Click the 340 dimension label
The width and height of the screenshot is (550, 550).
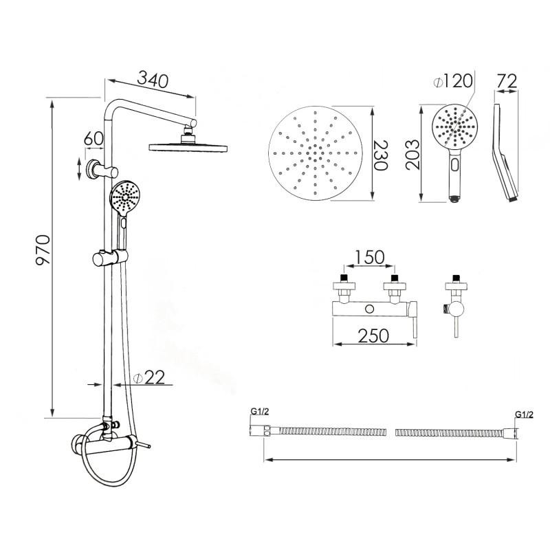coord(153,80)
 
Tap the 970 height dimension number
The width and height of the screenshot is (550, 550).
coord(43,250)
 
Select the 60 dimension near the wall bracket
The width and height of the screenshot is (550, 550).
coord(93,139)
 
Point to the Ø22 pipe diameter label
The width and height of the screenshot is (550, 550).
coord(149,377)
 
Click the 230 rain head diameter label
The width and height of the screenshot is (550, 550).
coord(381,155)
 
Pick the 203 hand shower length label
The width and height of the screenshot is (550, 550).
coord(412,155)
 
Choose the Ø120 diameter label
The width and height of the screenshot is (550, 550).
coord(453,81)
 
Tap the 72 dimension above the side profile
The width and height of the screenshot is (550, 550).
coord(507,81)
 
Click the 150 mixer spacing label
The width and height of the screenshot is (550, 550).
coord(370,257)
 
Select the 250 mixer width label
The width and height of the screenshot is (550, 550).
coord(373,335)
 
